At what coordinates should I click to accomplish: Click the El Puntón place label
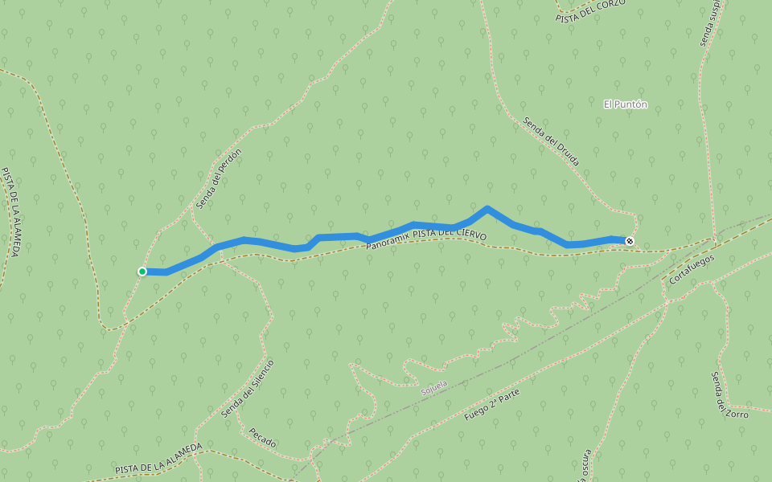click(626, 104)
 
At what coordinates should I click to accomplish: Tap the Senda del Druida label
click(551, 141)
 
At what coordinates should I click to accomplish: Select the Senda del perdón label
click(219, 178)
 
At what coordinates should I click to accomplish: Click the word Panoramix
click(388, 239)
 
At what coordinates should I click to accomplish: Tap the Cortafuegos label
click(691, 269)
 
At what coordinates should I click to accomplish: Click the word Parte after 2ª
click(508, 396)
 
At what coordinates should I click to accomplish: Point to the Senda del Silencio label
click(248, 388)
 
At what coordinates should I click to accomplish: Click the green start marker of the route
click(142, 272)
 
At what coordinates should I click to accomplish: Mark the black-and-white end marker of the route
click(630, 241)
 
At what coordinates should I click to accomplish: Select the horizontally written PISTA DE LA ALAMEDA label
click(158, 458)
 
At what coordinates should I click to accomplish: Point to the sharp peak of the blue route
click(487, 209)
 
